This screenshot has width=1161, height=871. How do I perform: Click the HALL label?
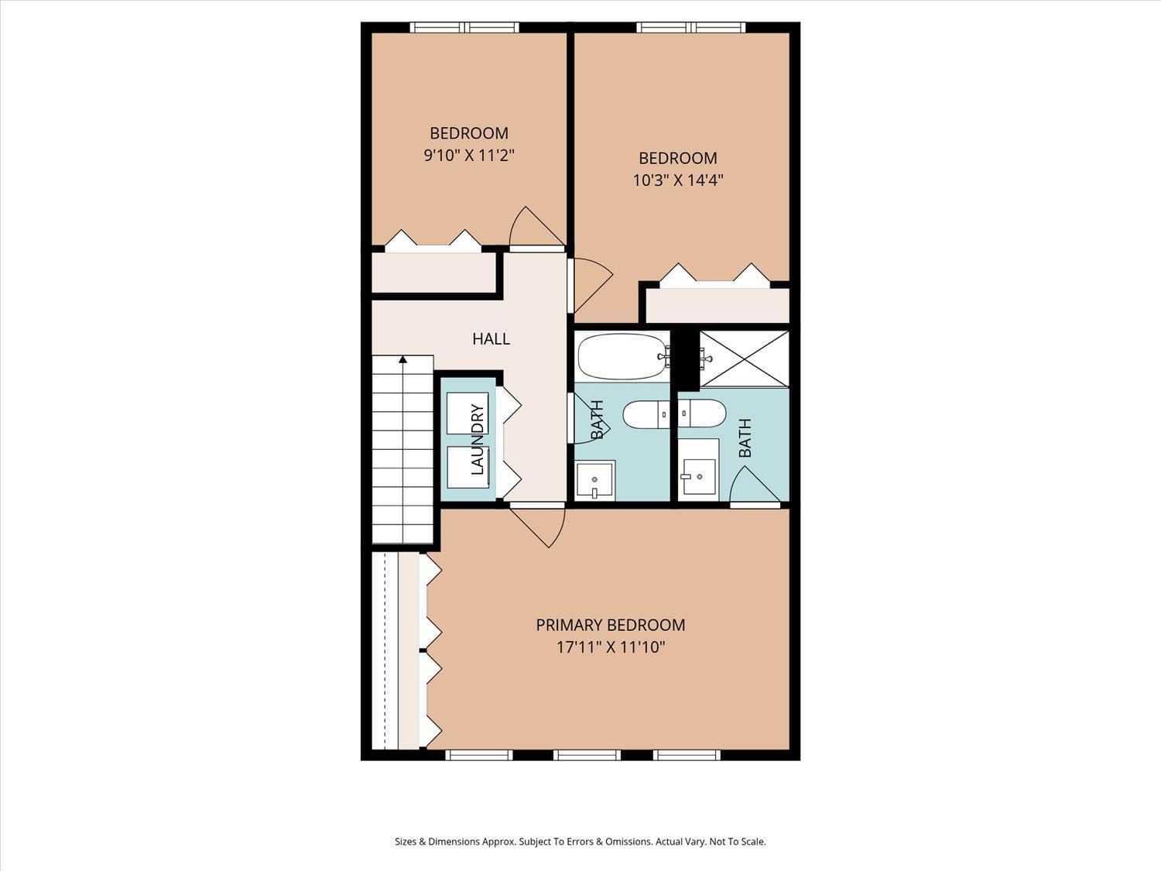(x=491, y=338)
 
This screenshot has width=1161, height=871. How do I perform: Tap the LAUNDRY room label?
(x=477, y=440)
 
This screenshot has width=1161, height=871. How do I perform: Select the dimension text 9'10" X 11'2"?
(x=468, y=156)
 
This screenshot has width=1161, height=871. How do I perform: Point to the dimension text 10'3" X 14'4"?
(x=677, y=180)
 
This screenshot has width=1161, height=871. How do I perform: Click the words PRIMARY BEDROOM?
(x=610, y=625)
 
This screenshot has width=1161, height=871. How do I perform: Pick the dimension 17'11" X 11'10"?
(x=610, y=647)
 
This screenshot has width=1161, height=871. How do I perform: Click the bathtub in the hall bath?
(x=622, y=356)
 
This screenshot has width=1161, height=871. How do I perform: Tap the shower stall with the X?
(x=744, y=358)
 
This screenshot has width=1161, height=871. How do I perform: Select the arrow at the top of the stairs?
(x=402, y=359)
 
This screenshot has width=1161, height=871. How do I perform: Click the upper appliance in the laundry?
(x=467, y=413)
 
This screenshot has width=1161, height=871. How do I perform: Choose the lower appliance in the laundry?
(x=467, y=468)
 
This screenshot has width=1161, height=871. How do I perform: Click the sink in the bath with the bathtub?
(x=594, y=481)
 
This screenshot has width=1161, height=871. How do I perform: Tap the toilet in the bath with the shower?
(x=703, y=413)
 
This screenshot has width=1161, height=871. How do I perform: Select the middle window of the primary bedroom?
(x=587, y=755)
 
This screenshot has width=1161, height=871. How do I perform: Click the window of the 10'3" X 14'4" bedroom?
(x=691, y=28)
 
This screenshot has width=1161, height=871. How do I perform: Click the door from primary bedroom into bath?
(x=753, y=488)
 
